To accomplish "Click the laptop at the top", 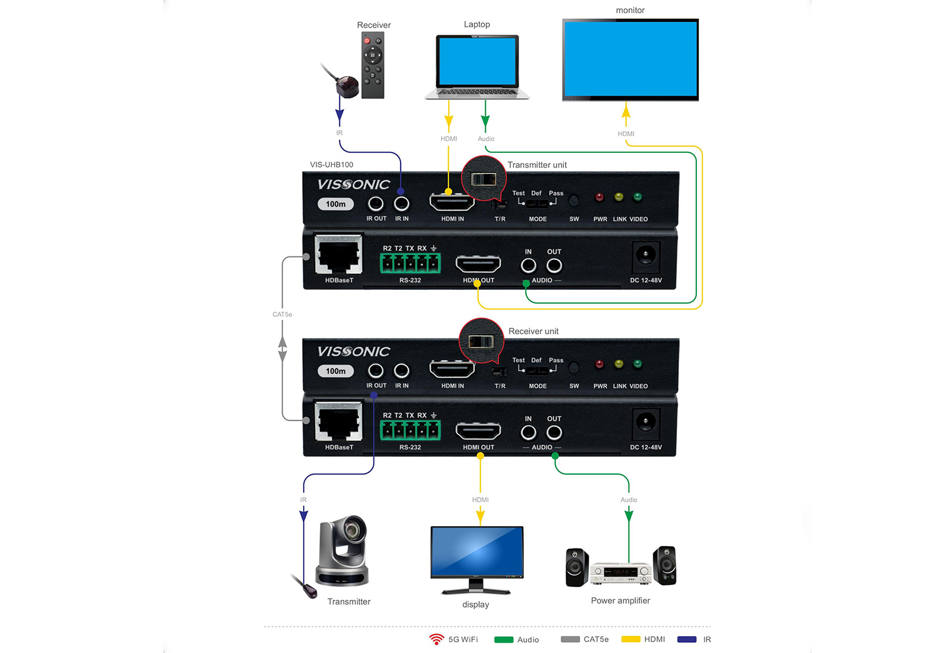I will click(x=477, y=66).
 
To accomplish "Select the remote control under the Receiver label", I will click(x=373, y=65).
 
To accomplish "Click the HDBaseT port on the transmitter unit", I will click(x=339, y=255).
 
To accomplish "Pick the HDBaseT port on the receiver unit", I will click(x=339, y=422).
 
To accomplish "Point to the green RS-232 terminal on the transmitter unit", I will click(x=410, y=263).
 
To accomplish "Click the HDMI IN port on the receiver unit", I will click(x=452, y=369).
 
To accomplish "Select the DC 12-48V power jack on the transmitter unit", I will click(x=646, y=256).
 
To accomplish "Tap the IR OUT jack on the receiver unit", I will click(x=376, y=371).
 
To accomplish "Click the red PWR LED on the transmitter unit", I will click(x=600, y=197).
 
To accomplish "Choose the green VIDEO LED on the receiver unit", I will click(x=637, y=364).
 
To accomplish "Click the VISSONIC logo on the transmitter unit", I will click(x=354, y=184).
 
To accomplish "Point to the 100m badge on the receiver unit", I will click(x=336, y=371).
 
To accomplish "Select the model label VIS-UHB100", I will click(x=332, y=164).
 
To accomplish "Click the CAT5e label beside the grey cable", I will click(x=282, y=314).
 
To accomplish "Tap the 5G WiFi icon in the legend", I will click(x=436, y=639).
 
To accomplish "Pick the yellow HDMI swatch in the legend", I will click(x=631, y=639).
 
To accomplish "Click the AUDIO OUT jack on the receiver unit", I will click(x=554, y=432).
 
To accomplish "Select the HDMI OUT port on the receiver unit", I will click(x=478, y=431).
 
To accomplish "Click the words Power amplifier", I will click(x=620, y=600).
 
